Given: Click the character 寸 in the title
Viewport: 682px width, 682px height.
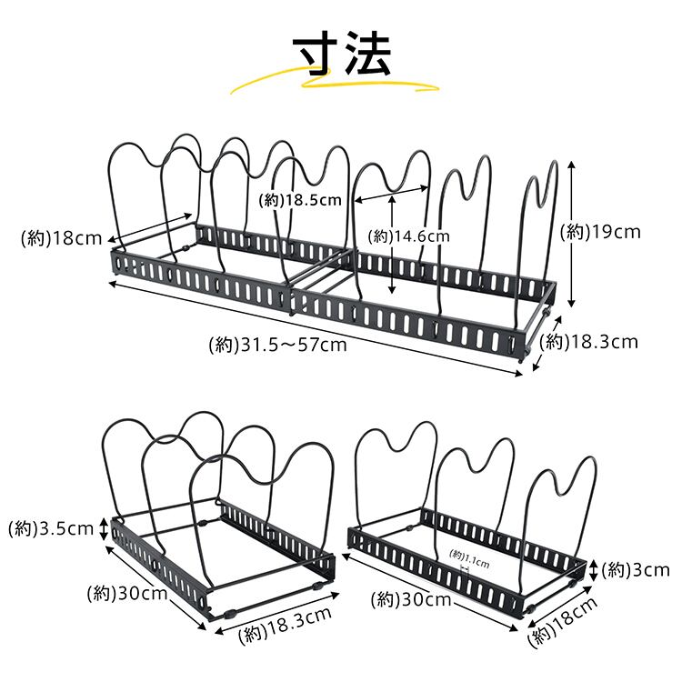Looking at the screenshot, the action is tap(318, 55).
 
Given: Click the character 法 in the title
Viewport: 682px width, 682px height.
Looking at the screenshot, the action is tap(366, 55).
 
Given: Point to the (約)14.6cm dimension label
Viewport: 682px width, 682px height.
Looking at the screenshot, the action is tap(409, 236).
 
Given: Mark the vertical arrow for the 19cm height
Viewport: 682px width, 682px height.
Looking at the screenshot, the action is tap(571, 234).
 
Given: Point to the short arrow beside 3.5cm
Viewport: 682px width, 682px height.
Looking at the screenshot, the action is tap(103, 528).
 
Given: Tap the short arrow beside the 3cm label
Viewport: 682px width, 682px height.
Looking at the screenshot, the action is tap(594, 570).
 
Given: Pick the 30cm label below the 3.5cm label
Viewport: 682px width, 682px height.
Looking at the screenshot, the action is tap(128, 595).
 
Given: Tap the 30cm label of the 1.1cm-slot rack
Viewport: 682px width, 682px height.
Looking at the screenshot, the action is tap(414, 599).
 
